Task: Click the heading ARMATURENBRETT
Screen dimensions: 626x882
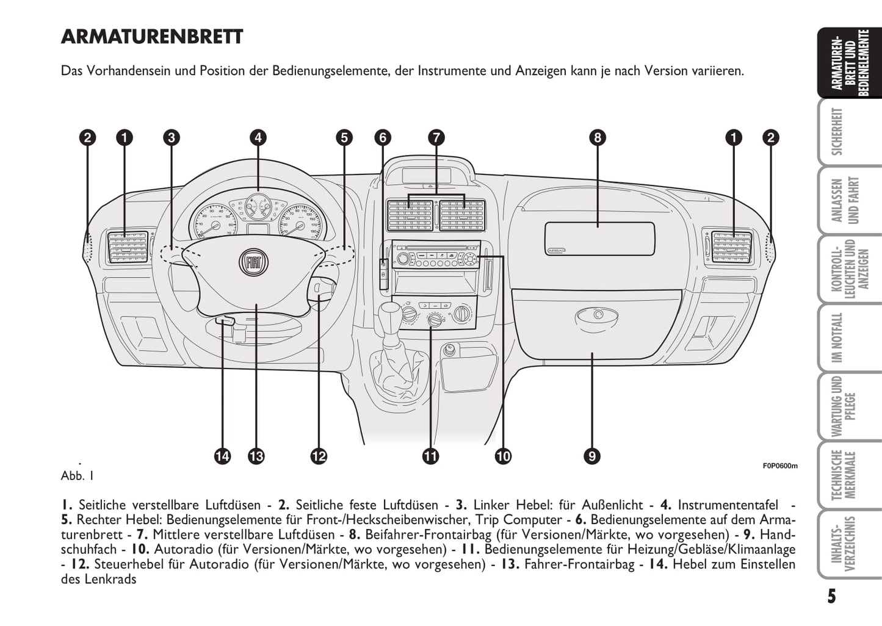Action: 152,37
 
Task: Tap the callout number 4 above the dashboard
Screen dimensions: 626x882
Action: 258,137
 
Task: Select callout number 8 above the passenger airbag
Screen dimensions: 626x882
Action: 598,137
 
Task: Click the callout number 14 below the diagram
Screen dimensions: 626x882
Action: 222,456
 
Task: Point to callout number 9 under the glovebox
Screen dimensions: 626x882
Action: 591,456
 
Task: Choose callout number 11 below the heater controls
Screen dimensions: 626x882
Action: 431,456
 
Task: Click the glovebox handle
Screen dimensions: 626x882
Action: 596,317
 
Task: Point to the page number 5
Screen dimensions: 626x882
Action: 831,596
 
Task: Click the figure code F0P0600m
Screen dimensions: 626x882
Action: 779,466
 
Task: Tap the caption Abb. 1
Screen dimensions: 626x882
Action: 78,475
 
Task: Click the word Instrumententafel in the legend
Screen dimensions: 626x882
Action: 728,505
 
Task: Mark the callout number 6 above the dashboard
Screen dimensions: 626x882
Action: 383,137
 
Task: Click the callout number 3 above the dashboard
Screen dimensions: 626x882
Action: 172,137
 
